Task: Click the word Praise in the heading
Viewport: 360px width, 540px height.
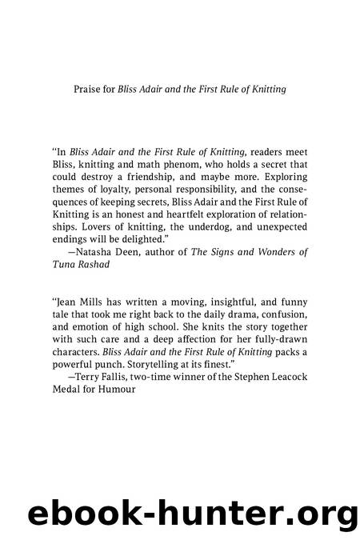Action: [x=89, y=89]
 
